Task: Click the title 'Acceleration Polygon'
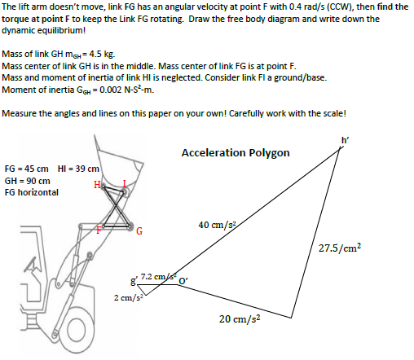point(236,153)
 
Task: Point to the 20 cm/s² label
point(240,318)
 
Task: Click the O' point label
point(184,284)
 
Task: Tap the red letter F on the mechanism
point(100,229)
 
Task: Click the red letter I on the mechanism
point(124,182)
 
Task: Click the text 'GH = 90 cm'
point(28,180)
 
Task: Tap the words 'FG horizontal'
point(32,192)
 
